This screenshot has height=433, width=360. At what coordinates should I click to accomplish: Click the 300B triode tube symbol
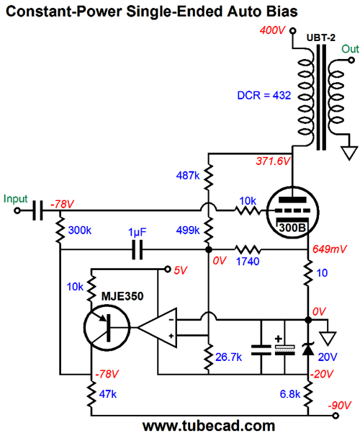click(292, 212)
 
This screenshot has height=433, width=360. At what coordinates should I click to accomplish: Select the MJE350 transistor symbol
click(107, 328)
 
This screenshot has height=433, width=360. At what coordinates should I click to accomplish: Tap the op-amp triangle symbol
click(157, 328)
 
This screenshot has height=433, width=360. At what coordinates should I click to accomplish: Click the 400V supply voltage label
click(272, 30)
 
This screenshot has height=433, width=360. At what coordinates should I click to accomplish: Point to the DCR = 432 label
click(264, 95)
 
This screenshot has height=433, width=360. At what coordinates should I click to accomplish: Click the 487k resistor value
click(188, 175)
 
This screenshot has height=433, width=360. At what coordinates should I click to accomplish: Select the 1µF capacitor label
click(138, 232)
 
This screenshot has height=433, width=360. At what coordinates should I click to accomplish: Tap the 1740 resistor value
click(248, 262)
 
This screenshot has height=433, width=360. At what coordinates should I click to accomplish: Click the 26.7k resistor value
click(228, 357)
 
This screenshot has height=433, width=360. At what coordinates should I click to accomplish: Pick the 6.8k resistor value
click(290, 394)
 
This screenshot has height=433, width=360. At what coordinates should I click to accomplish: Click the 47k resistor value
click(108, 394)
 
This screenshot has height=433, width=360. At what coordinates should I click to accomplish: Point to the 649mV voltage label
click(329, 249)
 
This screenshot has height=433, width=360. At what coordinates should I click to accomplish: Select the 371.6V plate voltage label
click(273, 161)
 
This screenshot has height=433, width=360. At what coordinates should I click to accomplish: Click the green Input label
click(15, 199)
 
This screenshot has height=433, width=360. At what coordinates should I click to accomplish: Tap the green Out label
click(350, 49)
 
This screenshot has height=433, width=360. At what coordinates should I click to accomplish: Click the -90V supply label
click(339, 406)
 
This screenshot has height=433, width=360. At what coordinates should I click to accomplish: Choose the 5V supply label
click(181, 270)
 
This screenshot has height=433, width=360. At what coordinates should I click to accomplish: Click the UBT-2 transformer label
click(321, 37)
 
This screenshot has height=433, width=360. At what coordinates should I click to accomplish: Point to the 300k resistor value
click(79, 230)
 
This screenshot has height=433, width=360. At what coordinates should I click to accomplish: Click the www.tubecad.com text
click(209, 426)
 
